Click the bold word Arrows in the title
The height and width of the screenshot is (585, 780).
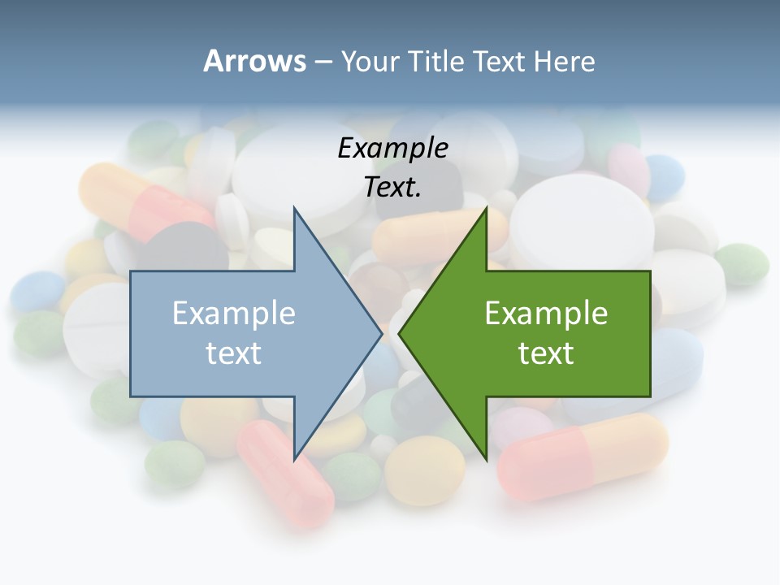click(255, 61)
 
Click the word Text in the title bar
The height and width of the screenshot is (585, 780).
click(499, 61)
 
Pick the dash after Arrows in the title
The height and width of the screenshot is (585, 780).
click(323, 62)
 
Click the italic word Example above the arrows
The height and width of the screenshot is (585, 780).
click(392, 148)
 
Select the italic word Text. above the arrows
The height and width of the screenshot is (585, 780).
click(392, 188)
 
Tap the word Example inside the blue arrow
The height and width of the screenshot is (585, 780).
click(234, 313)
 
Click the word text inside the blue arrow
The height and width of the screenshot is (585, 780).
click(234, 353)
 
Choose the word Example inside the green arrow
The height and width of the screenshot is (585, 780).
click(546, 313)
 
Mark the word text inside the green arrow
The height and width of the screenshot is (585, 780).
click(546, 353)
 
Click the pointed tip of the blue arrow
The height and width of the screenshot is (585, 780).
click(381, 333)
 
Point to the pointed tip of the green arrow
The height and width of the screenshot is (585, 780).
click(400, 333)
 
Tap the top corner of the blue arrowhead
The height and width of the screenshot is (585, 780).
click(294, 208)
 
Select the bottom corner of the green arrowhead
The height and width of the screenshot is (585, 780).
click(486, 458)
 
